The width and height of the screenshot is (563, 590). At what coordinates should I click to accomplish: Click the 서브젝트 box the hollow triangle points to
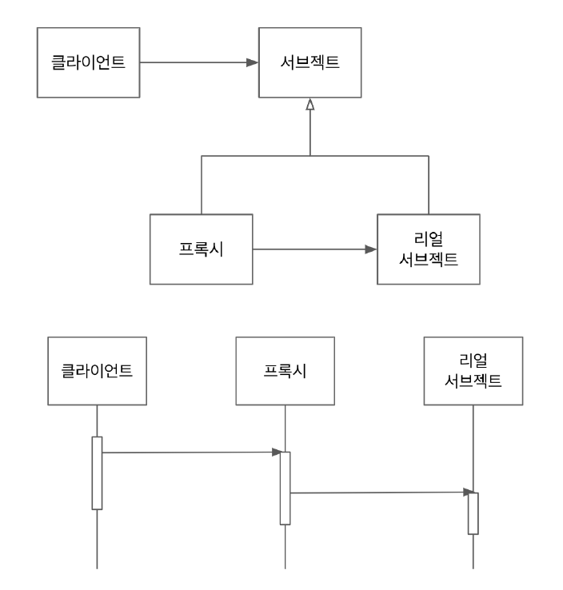309,62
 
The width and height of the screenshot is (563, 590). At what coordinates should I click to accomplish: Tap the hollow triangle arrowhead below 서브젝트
309,106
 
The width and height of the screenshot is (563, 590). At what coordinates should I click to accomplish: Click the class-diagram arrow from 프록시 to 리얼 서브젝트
312,249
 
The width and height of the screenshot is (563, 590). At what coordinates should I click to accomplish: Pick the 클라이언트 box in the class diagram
88,62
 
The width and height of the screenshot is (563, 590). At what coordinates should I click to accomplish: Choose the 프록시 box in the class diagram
202,249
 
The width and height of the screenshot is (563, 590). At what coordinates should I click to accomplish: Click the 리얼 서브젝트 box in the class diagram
429,249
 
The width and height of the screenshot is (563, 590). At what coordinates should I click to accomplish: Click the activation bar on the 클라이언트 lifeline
97,472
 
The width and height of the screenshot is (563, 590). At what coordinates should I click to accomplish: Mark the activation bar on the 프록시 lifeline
285,488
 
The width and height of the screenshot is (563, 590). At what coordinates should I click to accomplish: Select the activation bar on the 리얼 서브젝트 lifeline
473,512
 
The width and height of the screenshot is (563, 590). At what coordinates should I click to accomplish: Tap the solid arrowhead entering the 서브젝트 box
252,62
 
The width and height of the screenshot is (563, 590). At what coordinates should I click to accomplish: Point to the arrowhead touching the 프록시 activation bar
274,452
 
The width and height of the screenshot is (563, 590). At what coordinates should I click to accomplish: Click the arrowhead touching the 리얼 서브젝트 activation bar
463,492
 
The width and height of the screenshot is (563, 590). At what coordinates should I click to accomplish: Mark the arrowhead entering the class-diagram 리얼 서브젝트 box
371,249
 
